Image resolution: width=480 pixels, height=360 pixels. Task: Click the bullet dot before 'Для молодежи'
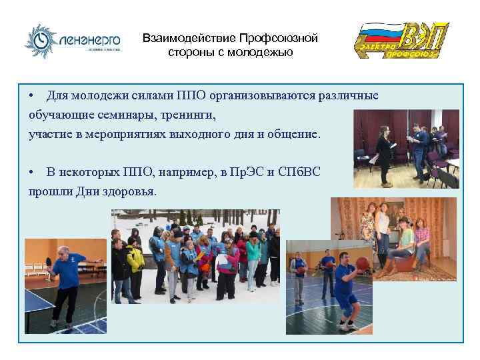point(31,96)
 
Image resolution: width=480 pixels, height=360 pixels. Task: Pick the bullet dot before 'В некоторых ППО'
point(31,172)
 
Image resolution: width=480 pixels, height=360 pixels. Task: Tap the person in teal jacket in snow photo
point(254,253)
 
